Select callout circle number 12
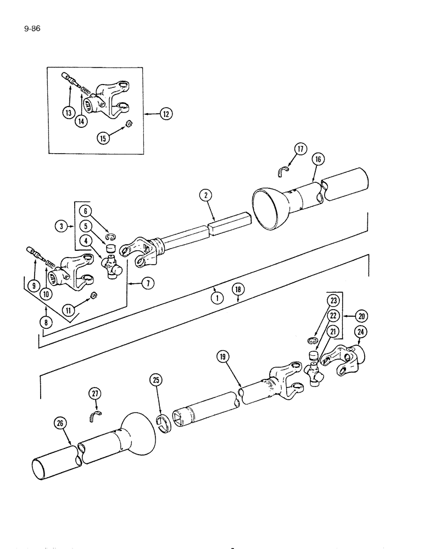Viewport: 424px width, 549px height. click(x=165, y=114)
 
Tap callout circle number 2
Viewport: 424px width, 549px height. click(x=204, y=196)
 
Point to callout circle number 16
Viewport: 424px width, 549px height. click(x=318, y=160)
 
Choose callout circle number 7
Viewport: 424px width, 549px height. click(x=147, y=283)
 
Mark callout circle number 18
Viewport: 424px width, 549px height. click(x=238, y=290)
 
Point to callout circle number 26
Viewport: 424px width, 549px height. click(x=60, y=423)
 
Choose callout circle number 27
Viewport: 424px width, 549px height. click(x=97, y=393)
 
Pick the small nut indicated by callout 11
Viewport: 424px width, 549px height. click(x=94, y=296)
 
